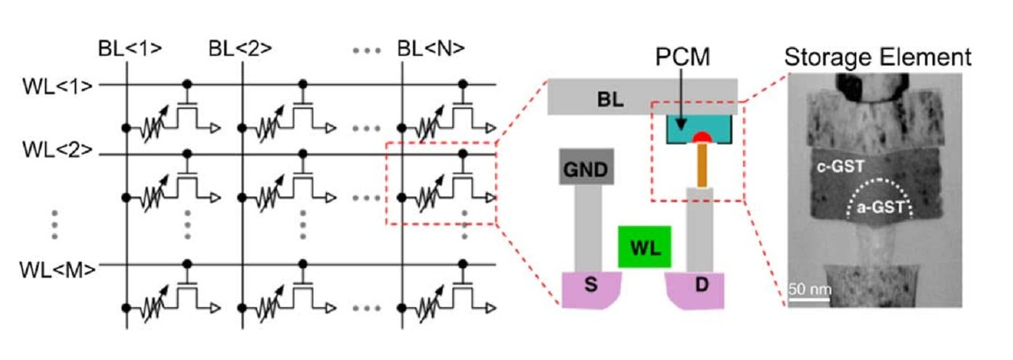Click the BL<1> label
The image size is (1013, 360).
[130, 49]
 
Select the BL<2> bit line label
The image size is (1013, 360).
[240, 49]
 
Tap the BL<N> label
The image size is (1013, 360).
[431, 49]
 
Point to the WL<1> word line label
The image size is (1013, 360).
[57, 85]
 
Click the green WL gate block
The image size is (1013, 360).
[644, 246]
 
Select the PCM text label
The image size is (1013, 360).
[681, 55]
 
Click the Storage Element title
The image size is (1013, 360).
[877, 57]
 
